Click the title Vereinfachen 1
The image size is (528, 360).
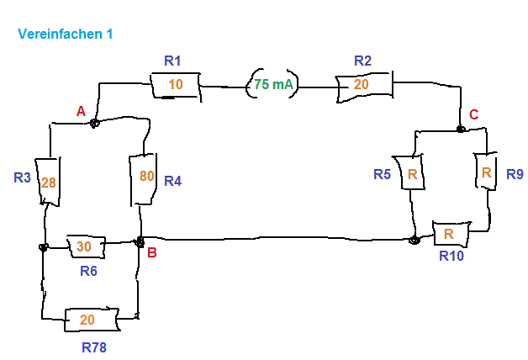coord(65,34)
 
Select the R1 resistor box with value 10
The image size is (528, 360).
coord(176,86)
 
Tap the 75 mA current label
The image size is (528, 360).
coord(273,84)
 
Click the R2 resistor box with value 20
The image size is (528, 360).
coord(364,86)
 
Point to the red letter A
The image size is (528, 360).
coord(81,111)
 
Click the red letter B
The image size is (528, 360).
coord(152,252)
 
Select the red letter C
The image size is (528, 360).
coord(474,115)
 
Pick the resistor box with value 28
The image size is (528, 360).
coord(48,181)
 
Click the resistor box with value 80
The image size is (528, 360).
coord(144,179)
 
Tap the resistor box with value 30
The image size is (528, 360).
coord(86,246)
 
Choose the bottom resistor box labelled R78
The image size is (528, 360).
coord(92,320)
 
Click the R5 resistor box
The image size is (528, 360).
coord(409,172)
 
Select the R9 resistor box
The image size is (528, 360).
coord(486,171)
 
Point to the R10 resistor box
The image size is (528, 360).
coord(451,234)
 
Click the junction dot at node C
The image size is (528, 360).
coord(461,129)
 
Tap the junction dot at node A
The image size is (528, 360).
coord(95,124)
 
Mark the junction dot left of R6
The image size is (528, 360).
coord(43,247)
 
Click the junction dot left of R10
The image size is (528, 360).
coord(414,240)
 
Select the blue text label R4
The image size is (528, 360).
coord(172,181)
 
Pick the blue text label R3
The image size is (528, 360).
coord(22,177)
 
